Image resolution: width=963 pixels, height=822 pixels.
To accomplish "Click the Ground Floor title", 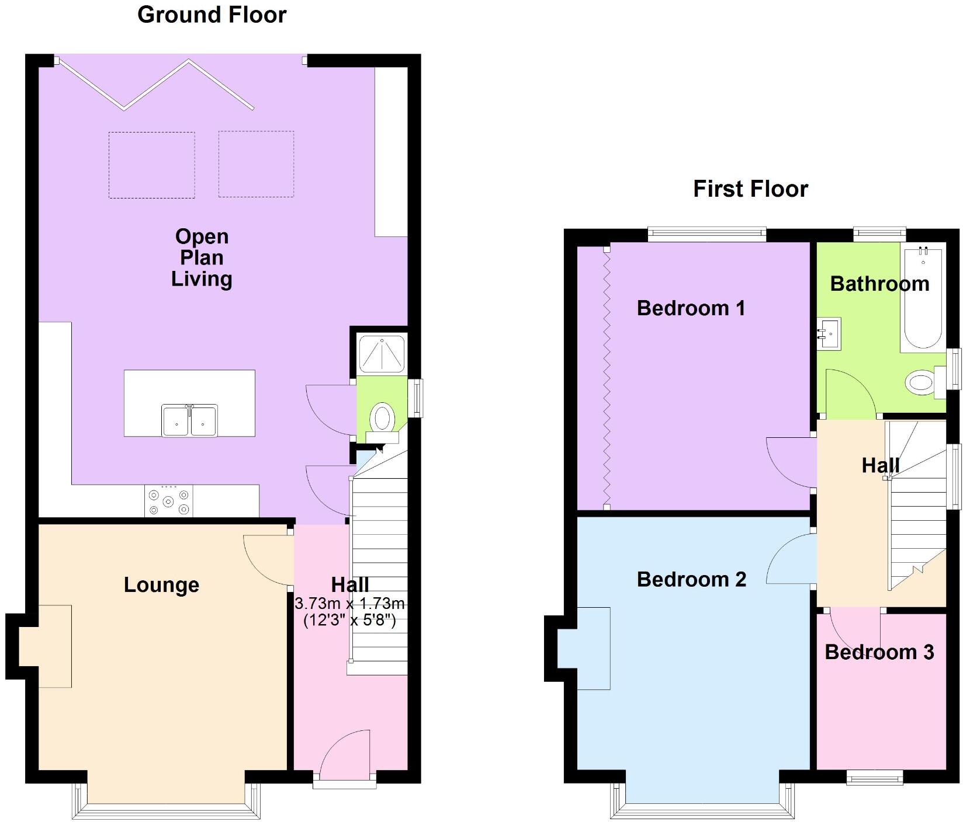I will [x=212, y=15].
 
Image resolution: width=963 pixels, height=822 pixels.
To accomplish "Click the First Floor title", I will [x=750, y=189].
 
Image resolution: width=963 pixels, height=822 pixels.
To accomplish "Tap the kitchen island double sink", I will [x=189, y=420].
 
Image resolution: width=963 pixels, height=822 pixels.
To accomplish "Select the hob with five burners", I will [x=168, y=501].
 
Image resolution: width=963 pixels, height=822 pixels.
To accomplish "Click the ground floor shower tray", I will [x=382, y=354].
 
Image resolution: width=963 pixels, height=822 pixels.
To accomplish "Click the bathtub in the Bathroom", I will [x=923, y=298].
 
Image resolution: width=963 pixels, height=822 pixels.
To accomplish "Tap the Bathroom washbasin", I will [x=829, y=334].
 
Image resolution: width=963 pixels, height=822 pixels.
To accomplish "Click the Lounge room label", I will [x=161, y=584].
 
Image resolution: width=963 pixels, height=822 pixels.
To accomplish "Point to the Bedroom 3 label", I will [x=879, y=652].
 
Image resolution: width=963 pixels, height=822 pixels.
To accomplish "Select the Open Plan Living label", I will [x=202, y=257].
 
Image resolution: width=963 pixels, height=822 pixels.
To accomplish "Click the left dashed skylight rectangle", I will [x=151, y=165].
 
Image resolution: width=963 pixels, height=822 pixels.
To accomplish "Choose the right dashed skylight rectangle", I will [x=256, y=164].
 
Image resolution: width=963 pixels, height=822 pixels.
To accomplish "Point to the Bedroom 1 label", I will [x=691, y=308].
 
